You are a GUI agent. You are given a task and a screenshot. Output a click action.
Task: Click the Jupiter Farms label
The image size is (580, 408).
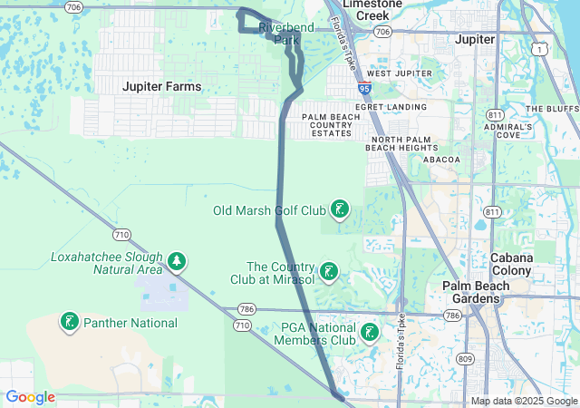point(161,86)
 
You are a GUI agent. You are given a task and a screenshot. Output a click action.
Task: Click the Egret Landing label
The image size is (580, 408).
point(391,106)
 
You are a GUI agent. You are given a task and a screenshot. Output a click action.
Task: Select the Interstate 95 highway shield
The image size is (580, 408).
point(363,89)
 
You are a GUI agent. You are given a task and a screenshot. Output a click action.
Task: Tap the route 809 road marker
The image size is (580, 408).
point(466,359)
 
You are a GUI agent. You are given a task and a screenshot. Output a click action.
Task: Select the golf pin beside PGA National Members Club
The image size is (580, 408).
point(369,332)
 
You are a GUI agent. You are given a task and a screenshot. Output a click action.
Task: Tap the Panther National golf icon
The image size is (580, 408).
point(69,322)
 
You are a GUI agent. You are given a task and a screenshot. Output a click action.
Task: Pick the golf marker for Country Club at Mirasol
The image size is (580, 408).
point(328,272)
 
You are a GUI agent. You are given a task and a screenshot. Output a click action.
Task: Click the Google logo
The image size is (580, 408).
point(30,397)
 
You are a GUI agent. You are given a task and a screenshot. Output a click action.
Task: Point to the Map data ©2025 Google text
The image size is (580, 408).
point(523,401)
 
